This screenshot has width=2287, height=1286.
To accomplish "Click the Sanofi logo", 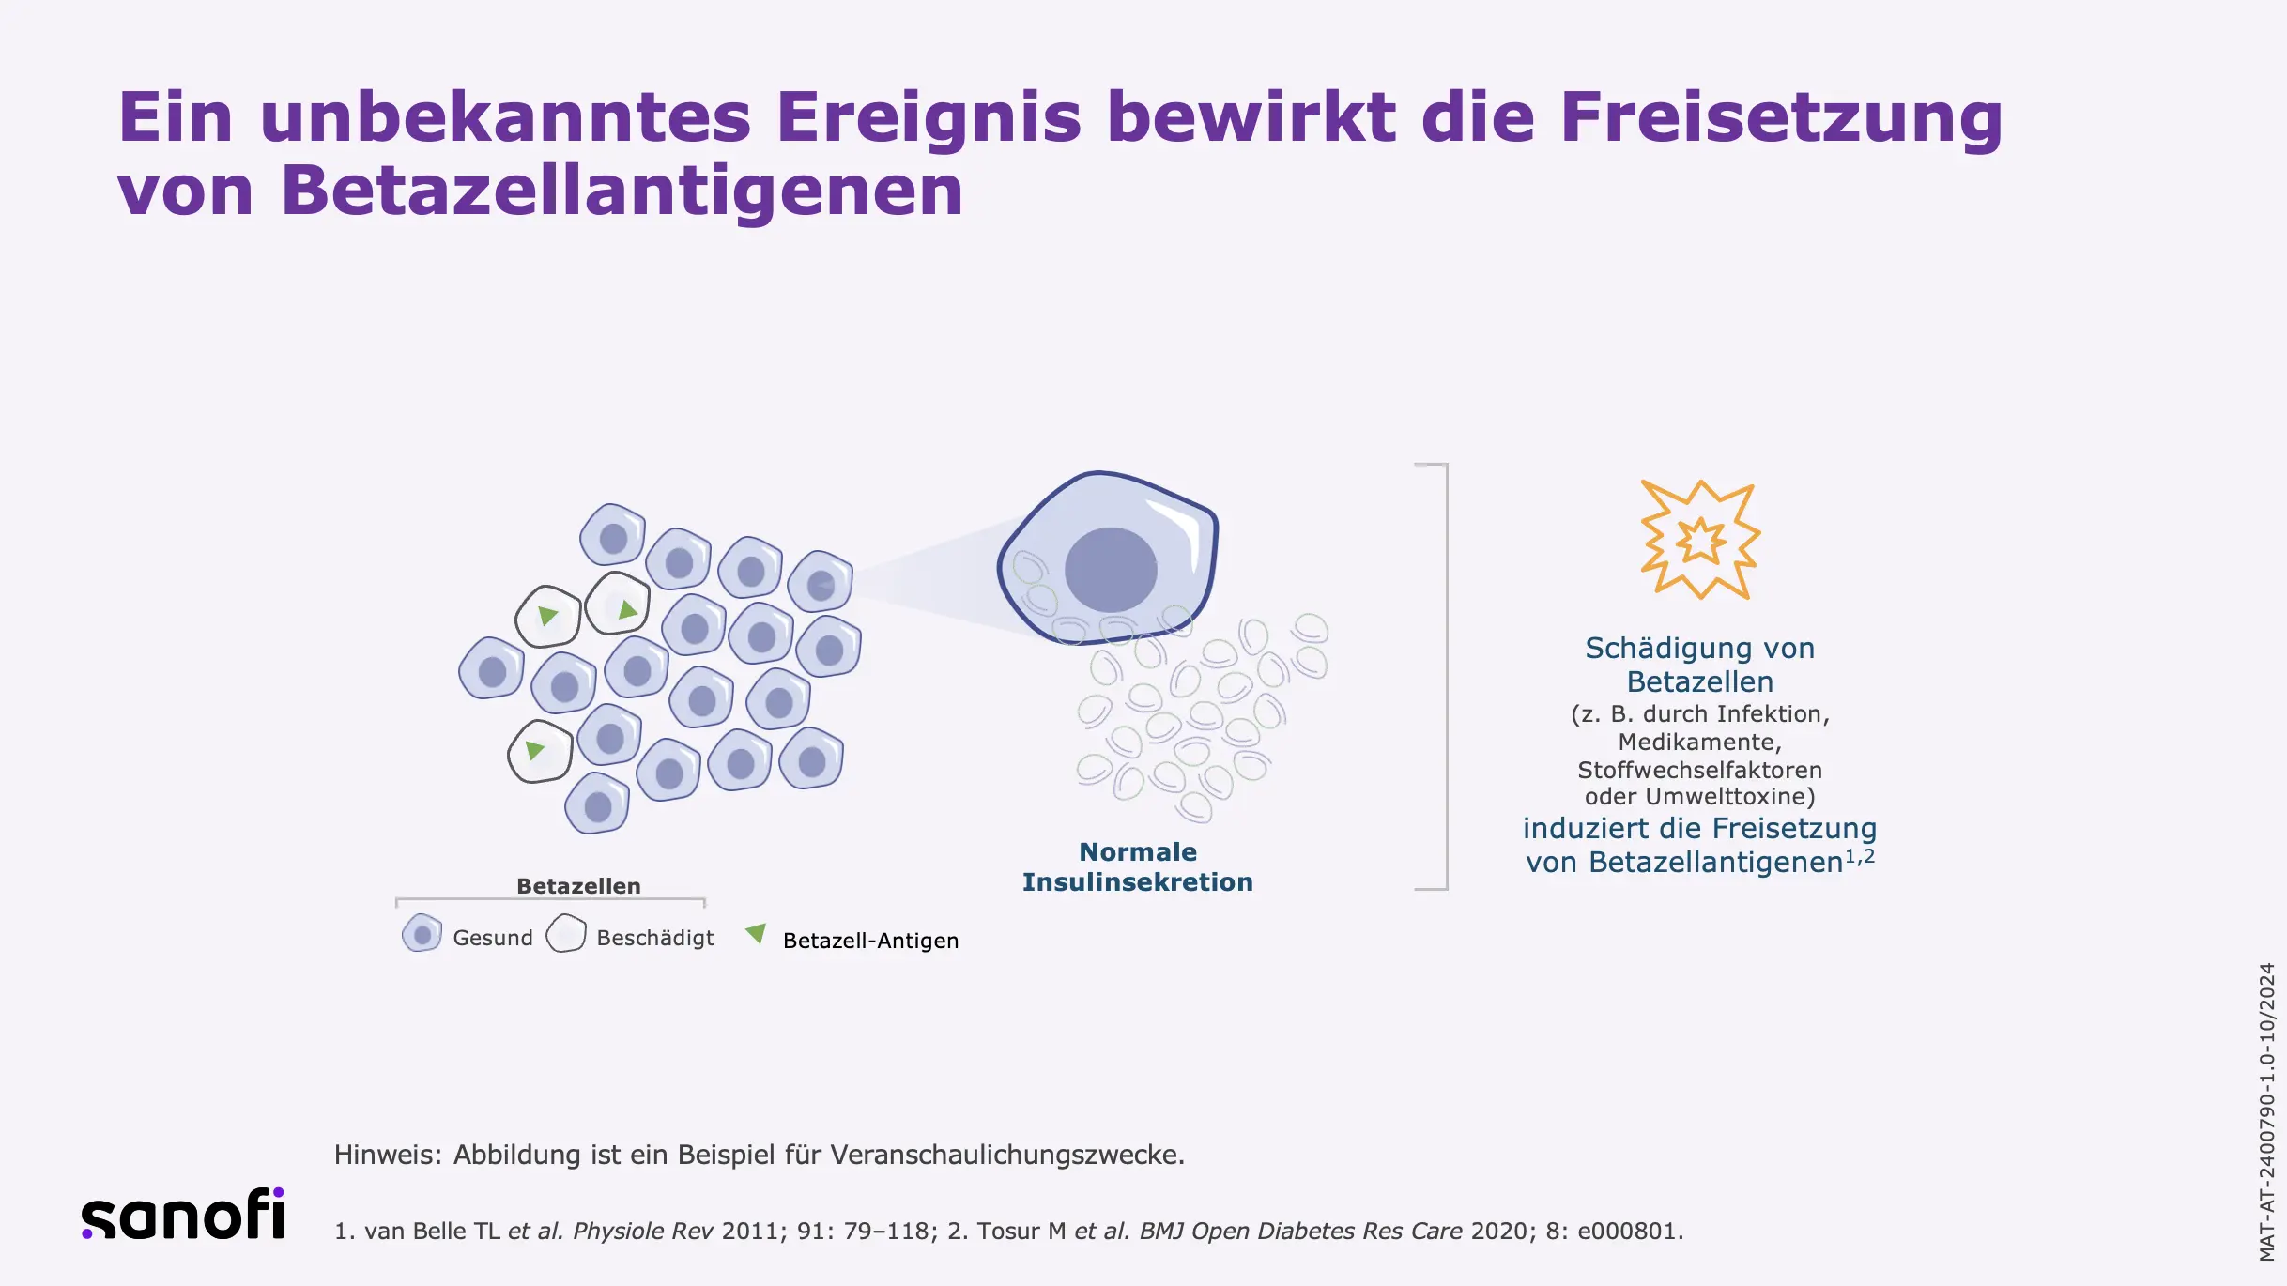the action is [183, 1214].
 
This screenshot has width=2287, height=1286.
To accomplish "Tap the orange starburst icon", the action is [1700, 540].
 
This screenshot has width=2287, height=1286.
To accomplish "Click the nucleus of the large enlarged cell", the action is [1111, 570].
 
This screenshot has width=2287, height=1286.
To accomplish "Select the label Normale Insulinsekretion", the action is [1138, 866].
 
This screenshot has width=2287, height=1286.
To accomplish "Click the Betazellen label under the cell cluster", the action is [578, 886].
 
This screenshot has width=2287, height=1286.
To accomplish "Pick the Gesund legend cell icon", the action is [422, 934].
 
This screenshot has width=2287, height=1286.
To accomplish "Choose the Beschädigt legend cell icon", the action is [566, 934].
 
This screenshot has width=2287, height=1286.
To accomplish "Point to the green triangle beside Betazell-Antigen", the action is [756, 934].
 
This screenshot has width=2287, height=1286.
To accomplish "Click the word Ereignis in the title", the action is [929, 118].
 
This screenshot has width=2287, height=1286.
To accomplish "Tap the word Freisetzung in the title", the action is [1782, 118].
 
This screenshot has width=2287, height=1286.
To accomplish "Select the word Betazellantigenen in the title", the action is [622, 191].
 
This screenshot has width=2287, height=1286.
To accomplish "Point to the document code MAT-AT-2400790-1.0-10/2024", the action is [2267, 1111].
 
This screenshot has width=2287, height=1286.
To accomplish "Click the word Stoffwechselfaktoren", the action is [1699, 771].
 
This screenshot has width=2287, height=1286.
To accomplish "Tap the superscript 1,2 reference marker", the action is [1860, 856].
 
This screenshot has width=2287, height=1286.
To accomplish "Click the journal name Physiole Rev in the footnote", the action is [642, 1232].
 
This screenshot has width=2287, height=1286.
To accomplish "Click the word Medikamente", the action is [1699, 743].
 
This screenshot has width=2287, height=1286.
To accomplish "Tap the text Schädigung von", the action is [1699, 648].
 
